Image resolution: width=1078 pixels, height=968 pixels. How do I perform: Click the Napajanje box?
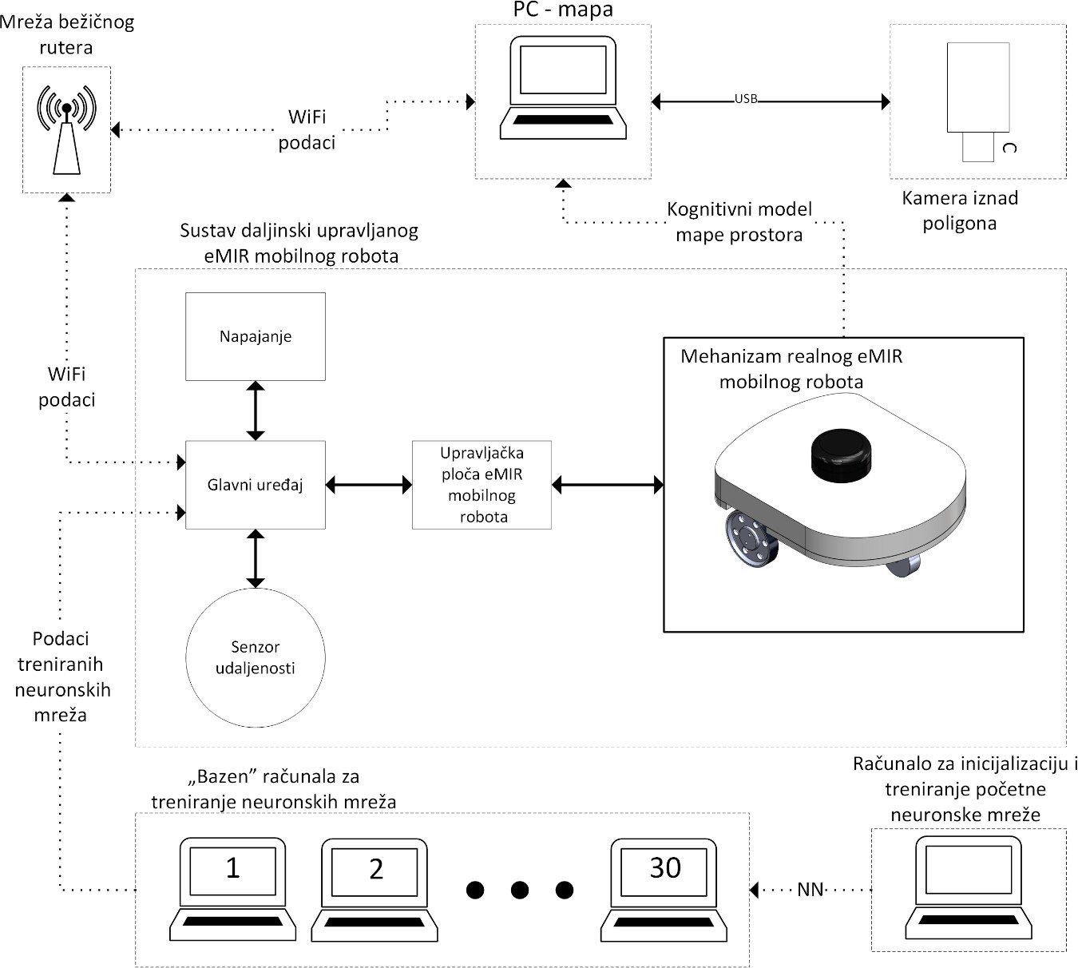(x=256, y=336)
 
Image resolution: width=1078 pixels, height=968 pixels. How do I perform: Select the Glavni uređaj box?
(x=256, y=485)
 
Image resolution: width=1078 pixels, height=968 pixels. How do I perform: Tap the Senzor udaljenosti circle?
(x=256, y=657)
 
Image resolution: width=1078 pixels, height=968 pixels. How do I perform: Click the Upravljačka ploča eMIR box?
(x=482, y=485)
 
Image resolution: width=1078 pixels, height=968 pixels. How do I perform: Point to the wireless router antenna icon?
(x=66, y=130)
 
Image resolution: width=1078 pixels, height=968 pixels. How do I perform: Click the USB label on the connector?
(x=746, y=98)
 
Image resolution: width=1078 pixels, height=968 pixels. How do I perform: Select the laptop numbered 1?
(x=232, y=889)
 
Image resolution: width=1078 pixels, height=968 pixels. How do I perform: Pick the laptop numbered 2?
(x=375, y=890)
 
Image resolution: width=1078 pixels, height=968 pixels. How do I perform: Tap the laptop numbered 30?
(x=664, y=890)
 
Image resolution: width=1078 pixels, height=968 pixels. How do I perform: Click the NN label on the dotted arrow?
(x=810, y=889)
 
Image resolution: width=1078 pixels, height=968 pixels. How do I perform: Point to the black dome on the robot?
(x=841, y=455)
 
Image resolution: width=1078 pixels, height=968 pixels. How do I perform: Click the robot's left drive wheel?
(x=751, y=545)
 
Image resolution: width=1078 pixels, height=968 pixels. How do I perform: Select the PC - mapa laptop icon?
(x=563, y=88)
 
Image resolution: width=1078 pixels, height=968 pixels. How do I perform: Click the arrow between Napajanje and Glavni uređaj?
(x=256, y=411)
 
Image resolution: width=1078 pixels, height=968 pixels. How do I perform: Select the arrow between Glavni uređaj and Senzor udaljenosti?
(x=256, y=558)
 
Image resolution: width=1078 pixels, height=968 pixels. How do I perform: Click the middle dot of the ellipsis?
(x=519, y=890)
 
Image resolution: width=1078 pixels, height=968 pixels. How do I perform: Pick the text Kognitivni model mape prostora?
(x=739, y=222)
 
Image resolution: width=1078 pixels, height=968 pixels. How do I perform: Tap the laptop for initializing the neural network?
(x=969, y=887)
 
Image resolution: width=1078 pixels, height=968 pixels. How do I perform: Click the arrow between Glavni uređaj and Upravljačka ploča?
(x=369, y=485)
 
